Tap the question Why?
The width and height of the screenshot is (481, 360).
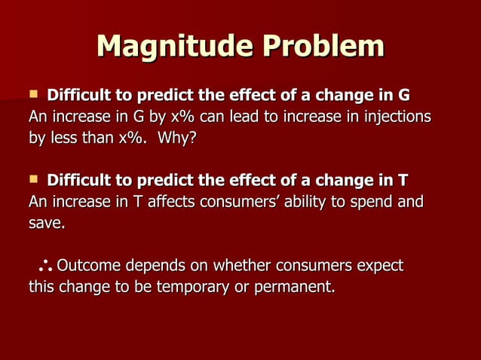point(176,139)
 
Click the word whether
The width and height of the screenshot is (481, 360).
point(243,266)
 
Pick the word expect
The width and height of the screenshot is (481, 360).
point(379,266)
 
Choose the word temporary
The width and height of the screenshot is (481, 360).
point(191,287)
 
